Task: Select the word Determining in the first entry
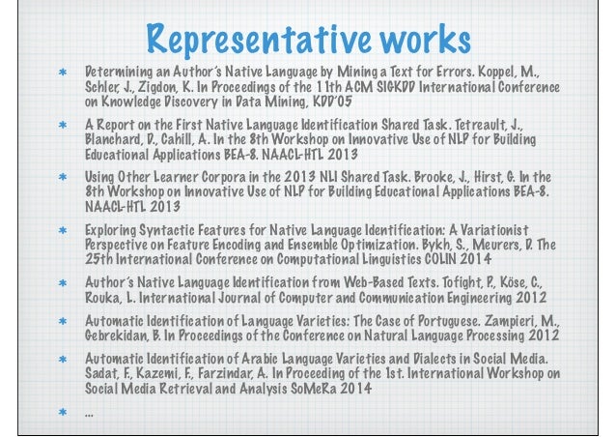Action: [x=117, y=73]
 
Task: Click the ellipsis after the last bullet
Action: [x=90, y=414]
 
